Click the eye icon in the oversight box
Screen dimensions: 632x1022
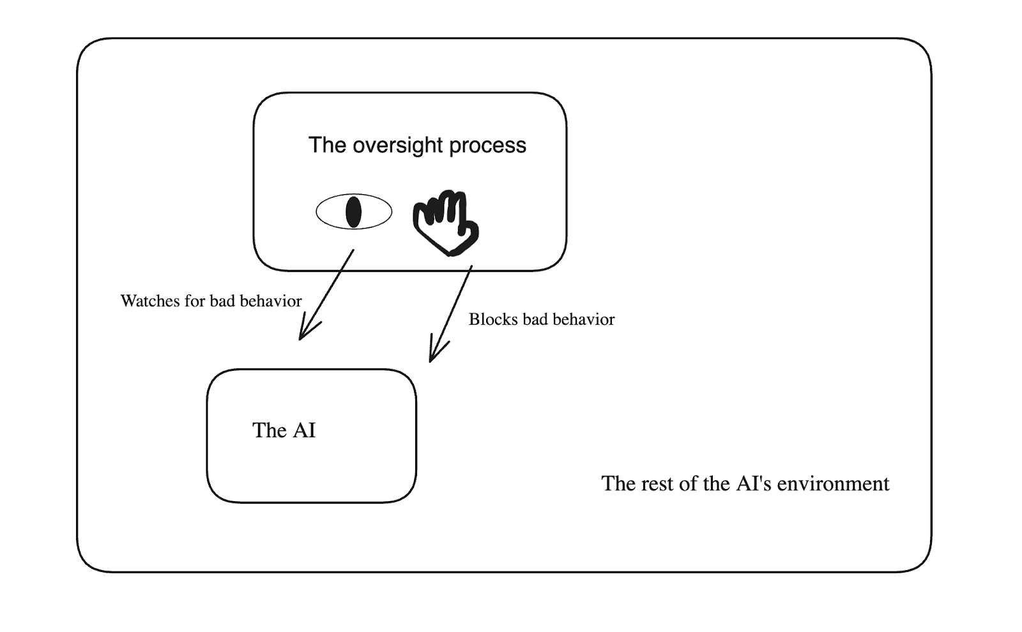tap(354, 212)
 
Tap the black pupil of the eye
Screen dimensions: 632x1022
tap(353, 212)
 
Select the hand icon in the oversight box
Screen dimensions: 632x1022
tap(446, 222)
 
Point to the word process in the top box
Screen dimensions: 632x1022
tap(487, 146)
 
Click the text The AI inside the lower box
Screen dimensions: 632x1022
tap(284, 430)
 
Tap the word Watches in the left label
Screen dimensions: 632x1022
tap(149, 301)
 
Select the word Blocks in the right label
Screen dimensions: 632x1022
tap(492, 319)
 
